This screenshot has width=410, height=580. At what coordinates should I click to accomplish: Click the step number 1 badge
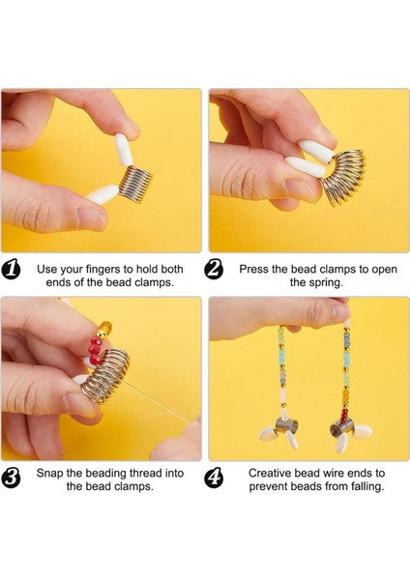(11, 269)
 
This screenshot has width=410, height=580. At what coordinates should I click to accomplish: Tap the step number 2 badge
(214, 269)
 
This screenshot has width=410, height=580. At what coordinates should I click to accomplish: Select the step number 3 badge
(11, 477)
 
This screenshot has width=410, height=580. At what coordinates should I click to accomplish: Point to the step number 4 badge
(214, 477)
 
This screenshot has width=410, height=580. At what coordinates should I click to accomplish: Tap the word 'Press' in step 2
(253, 270)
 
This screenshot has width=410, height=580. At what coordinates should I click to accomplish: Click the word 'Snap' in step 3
(49, 474)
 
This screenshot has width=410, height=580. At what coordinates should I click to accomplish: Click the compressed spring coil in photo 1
(135, 184)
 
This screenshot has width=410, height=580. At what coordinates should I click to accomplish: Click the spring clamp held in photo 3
(105, 376)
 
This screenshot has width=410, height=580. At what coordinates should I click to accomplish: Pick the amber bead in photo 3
(104, 327)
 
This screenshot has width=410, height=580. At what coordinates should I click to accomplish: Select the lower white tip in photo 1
(102, 193)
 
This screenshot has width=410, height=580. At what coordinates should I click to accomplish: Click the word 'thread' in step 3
(146, 474)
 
